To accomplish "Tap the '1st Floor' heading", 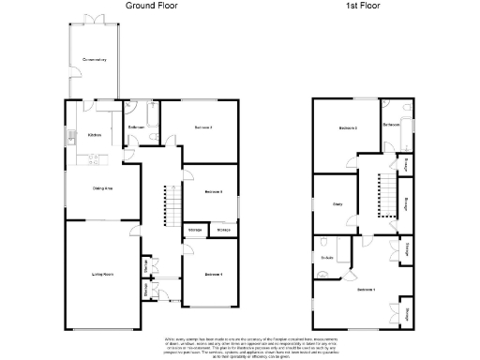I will (364, 5).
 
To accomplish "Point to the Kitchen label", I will (95, 135).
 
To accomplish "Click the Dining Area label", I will (102, 187).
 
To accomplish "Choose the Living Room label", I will (102, 274).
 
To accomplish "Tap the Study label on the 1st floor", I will (335, 203).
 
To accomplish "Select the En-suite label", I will (328, 258).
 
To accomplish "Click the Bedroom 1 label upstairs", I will (367, 291).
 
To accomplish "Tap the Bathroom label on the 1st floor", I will (393, 124).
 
